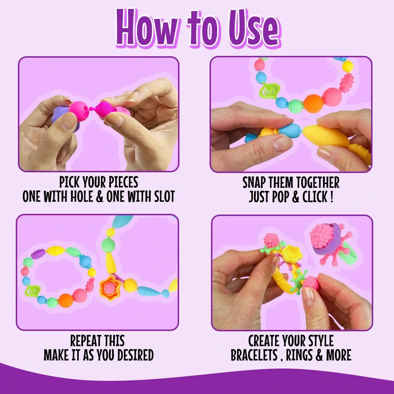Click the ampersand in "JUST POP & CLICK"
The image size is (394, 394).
coord(295,197)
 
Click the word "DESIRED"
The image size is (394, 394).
coord(136,355)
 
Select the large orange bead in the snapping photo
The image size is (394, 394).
coord(313,103)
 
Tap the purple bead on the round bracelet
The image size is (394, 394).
coord(38,254)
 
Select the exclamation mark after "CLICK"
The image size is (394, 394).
coord(332,197)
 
